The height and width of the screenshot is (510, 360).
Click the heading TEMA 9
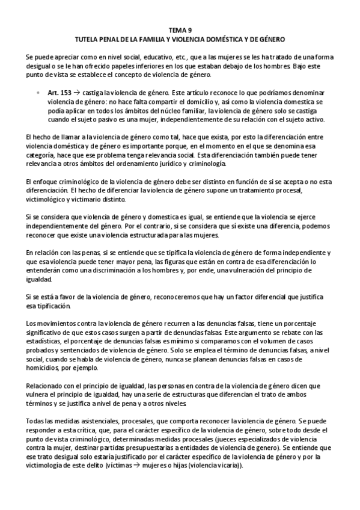coord(180,29)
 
